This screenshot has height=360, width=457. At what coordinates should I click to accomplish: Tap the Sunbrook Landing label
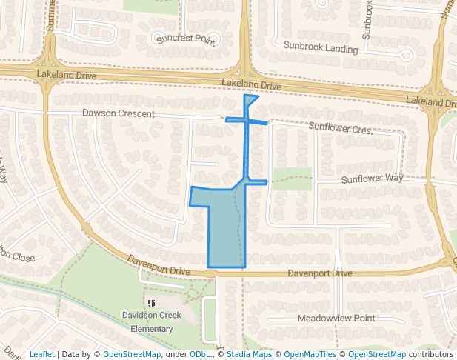coord(321,50)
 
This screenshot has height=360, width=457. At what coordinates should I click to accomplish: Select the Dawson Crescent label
coord(119,114)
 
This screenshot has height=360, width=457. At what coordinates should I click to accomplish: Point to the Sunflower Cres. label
coord(340,129)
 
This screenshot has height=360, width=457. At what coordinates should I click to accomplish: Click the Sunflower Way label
coord(372,179)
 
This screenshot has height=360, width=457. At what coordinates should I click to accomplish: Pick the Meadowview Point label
coord(336,318)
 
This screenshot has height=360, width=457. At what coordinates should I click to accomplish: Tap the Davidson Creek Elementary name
coord(152,320)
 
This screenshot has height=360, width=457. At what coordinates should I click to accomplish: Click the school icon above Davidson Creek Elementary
coord(152,303)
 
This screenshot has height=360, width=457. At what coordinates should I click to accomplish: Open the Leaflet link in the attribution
coord(42,354)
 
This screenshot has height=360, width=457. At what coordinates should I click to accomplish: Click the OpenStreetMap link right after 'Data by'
coord(132,354)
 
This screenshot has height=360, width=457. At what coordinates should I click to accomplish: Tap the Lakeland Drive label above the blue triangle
coord(251,85)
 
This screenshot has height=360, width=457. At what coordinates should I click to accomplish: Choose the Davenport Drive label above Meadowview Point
coord(320,274)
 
